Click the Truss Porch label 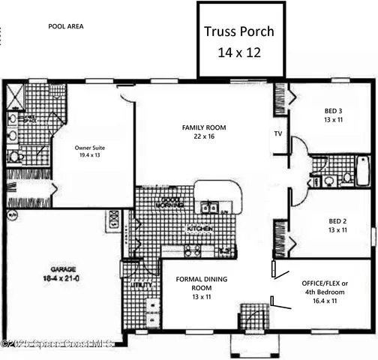pyautogui.click(x=240, y=32)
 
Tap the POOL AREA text pyautogui.click(x=66, y=26)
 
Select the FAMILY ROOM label pyautogui.click(x=204, y=128)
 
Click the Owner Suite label pyautogui.click(x=89, y=148)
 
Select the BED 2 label pyautogui.click(x=338, y=221)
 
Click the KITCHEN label pyautogui.click(x=199, y=228)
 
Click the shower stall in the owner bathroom pyautogui.click(x=16, y=97)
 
